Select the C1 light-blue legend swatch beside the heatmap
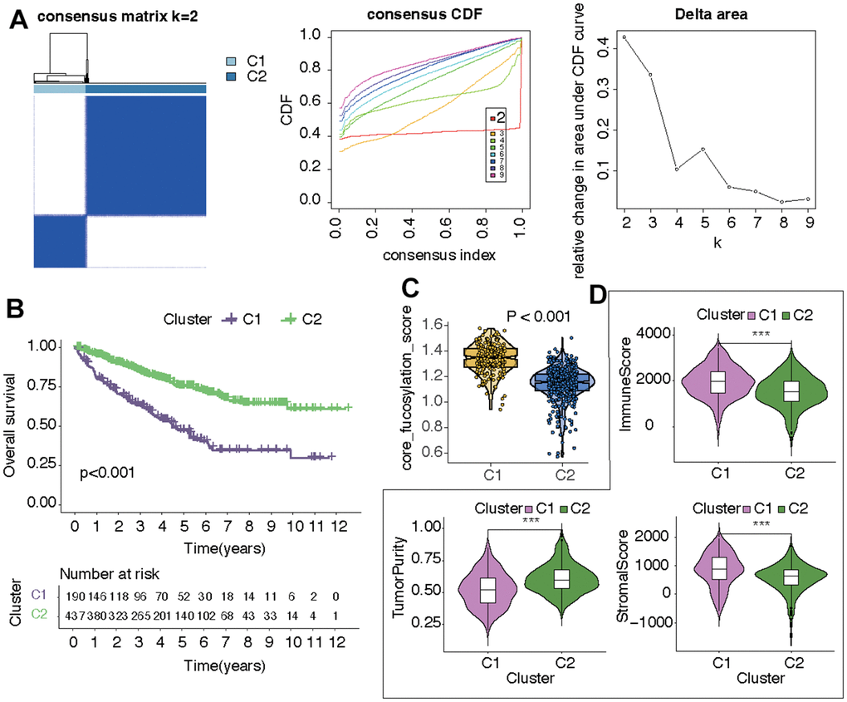tap(234, 62)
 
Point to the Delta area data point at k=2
tap(624, 37)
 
